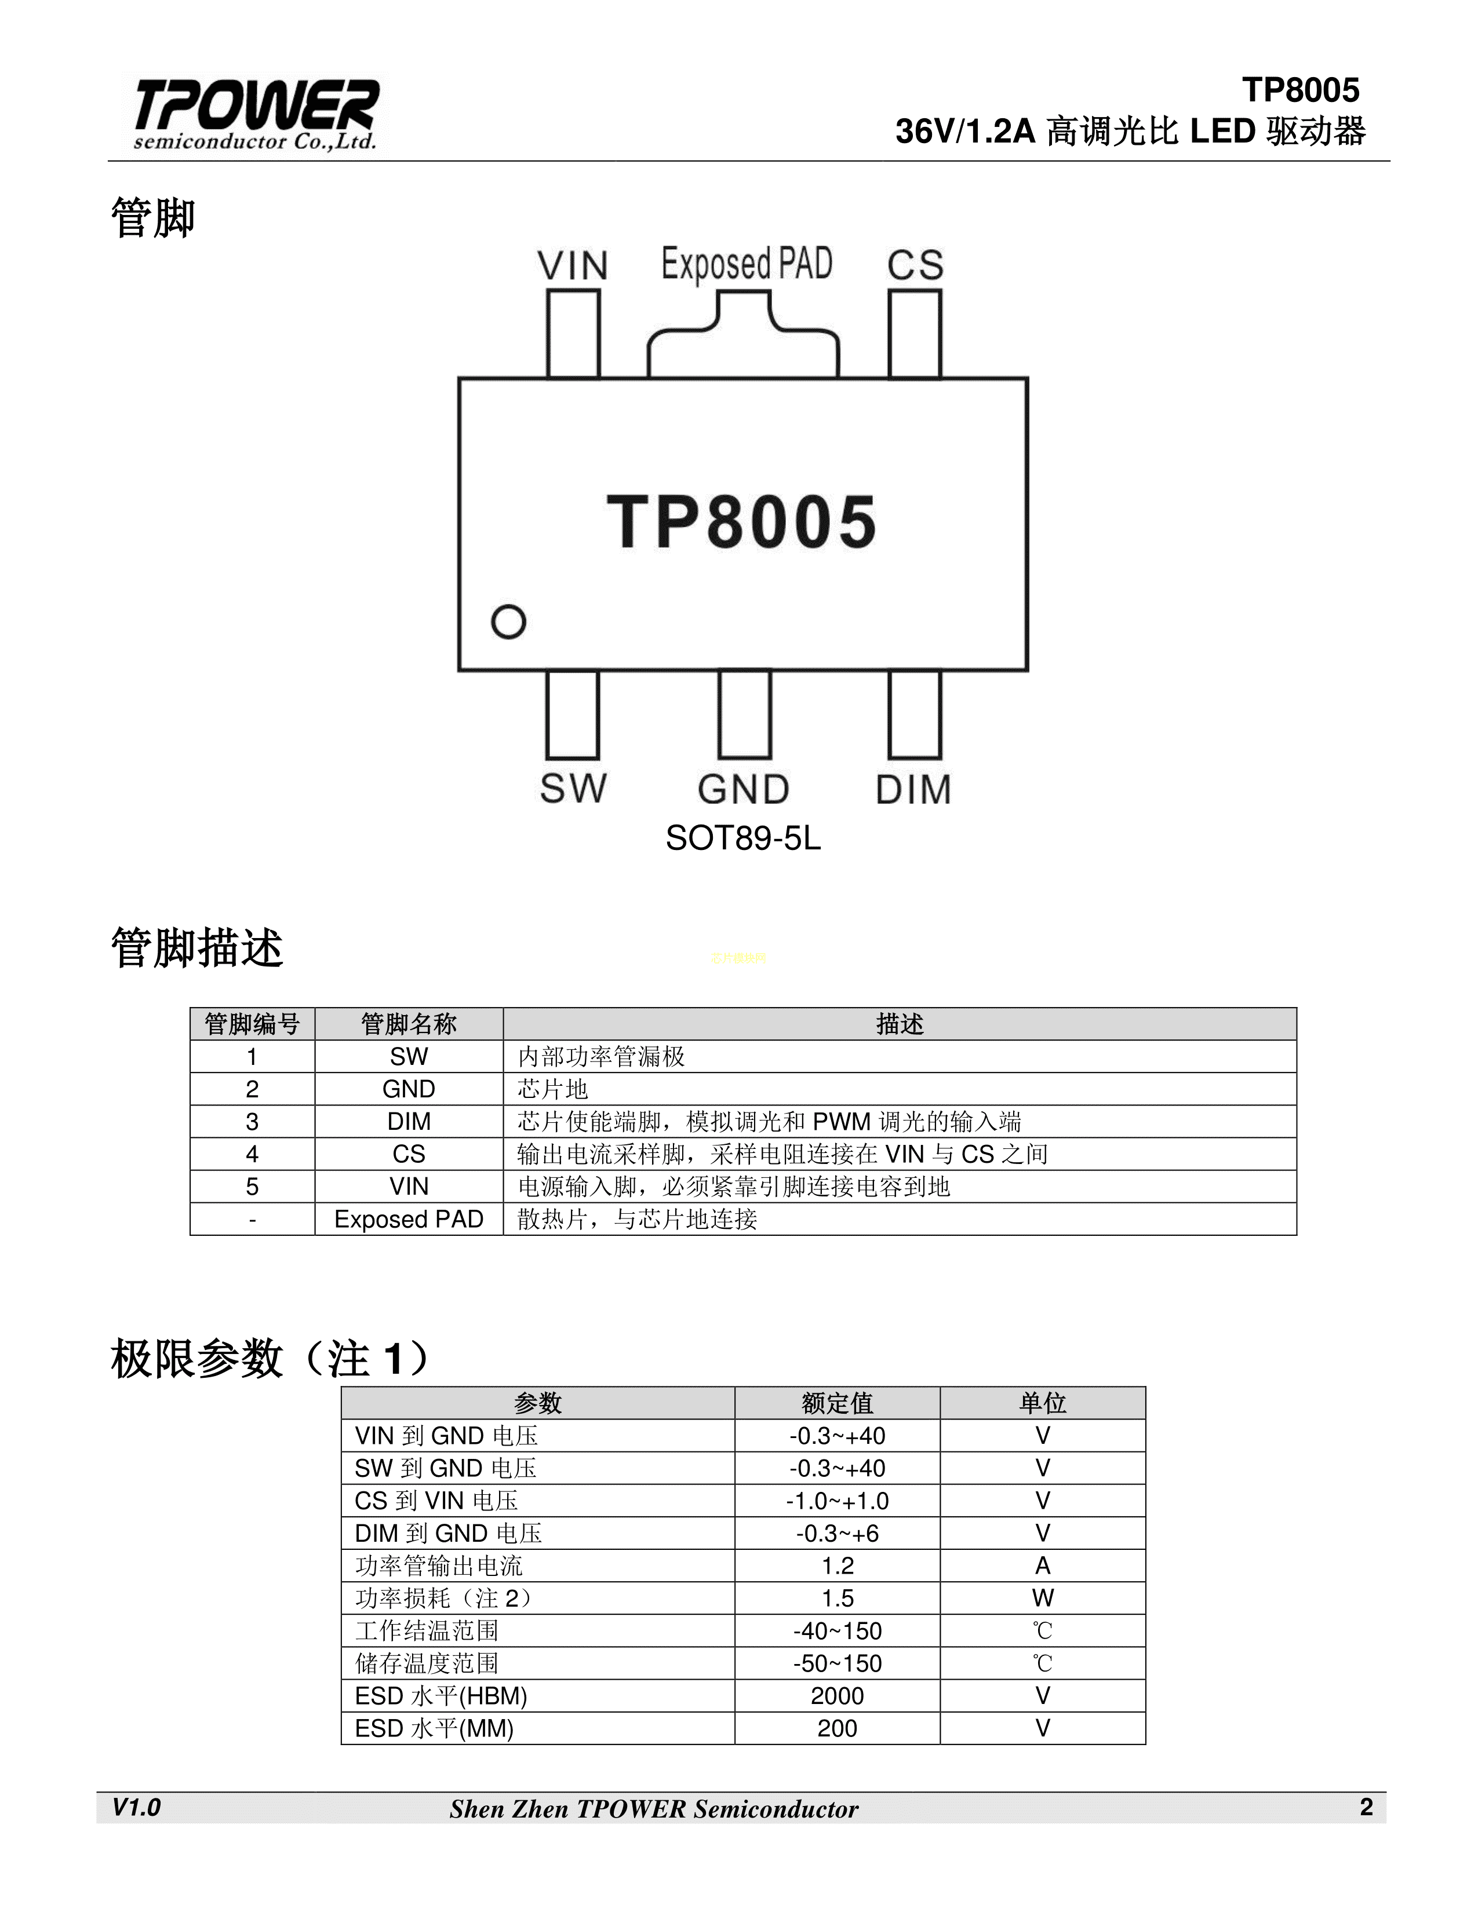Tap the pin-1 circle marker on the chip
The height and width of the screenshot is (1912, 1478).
tap(508, 622)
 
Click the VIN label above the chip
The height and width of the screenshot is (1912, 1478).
tap(573, 265)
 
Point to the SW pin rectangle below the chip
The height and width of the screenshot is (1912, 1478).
tap(573, 714)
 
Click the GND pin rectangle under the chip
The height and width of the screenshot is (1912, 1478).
tap(744, 714)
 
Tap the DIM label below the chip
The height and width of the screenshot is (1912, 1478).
tap(913, 790)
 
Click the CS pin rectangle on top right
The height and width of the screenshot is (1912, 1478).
tap(915, 334)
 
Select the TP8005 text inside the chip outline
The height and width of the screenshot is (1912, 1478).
tap(742, 522)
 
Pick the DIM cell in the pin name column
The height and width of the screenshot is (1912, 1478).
tap(409, 1122)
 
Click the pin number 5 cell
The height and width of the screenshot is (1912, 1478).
tap(252, 1186)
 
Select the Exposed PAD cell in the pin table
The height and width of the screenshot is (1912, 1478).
tap(409, 1218)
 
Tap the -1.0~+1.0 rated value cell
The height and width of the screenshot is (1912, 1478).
tap(837, 1501)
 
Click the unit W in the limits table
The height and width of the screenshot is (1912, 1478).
tap(1042, 1598)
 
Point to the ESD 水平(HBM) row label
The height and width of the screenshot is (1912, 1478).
tap(441, 1696)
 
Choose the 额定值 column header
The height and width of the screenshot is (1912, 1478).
tap(837, 1403)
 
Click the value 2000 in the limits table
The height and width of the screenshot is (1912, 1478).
tap(837, 1696)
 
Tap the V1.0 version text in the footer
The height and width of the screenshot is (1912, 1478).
tap(137, 1807)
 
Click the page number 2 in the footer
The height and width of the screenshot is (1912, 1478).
tap(1366, 1807)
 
